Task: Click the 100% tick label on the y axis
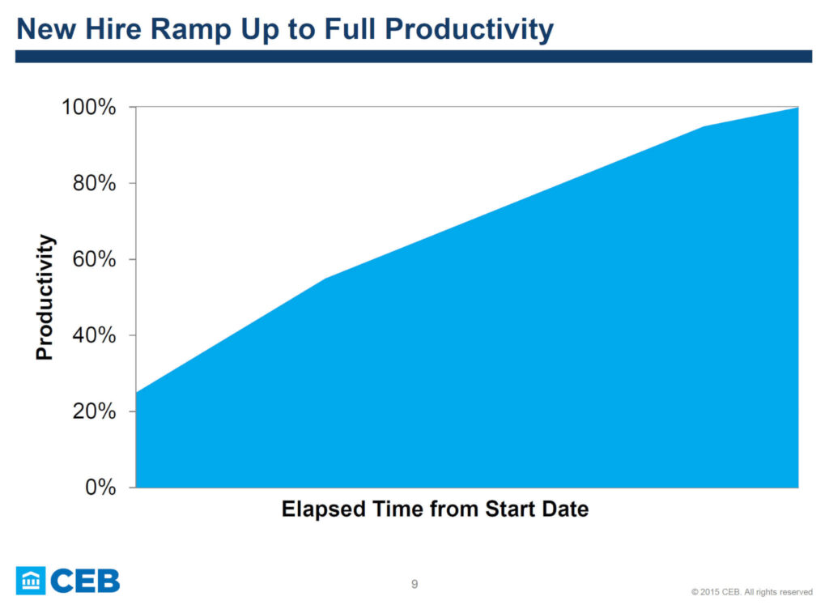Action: tap(89, 107)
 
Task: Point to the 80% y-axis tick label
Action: tap(94, 183)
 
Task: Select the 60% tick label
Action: tap(94, 259)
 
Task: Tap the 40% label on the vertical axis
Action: tap(94, 334)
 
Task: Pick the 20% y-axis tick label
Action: tap(94, 411)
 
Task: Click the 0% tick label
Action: tap(100, 487)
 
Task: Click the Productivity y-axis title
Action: tap(45, 297)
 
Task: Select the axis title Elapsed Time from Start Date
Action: tap(435, 509)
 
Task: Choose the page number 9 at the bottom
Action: tap(414, 584)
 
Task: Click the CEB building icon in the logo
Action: tap(31, 581)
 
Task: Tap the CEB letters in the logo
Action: tap(86, 581)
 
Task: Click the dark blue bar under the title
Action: tap(414, 57)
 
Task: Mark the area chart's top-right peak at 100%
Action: tap(797, 108)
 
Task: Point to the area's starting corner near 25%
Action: tap(136, 393)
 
